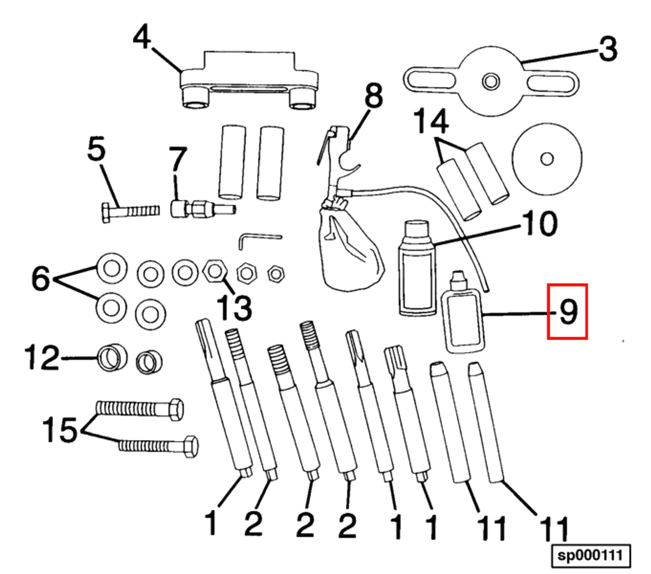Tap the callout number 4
[x=142, y=37]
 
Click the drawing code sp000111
[x=591, y=555]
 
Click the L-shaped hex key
[x=256, y=238]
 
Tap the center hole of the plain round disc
[x=547, y=159]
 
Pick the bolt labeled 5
[x=130, y=211]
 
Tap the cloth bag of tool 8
[x=351, y=252]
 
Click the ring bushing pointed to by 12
[x=112, y=358]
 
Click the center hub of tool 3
[x=491, y=82]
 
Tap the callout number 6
[x=41, y=278]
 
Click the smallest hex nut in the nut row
[x=276, y=274]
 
